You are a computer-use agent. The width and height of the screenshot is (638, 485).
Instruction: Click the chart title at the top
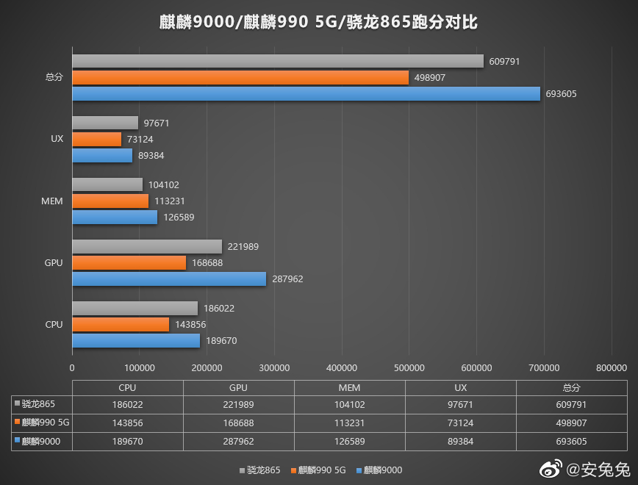pyautogui.click(x=318, y=23)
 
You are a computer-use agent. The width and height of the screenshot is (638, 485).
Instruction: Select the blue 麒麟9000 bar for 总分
pyautogui.click(x=306, y=93)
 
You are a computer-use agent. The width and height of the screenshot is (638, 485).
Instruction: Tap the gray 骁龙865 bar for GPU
pyautogui.click(x=147, y=247)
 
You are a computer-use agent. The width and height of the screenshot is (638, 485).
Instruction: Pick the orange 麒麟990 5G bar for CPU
pyautogui.click(x=121, y=324)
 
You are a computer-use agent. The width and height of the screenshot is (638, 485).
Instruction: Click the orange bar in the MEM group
pyautogui.click(x=110, y=201)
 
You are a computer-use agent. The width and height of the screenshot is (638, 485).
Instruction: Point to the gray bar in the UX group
pyautogui.click(x=105, y=123)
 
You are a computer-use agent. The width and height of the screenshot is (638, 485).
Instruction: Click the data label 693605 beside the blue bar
pyautogui.click(x=562, y=94)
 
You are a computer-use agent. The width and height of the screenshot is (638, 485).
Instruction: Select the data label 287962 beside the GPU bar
pyautogui.click(x=287, y=279)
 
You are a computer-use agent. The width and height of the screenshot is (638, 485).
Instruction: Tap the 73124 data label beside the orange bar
pyautogui.click(x=140, y=139)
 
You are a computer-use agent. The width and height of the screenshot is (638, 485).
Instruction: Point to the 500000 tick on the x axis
pyautogui.click(x=409, y=367)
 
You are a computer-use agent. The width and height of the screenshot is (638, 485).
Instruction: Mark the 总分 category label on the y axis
pyautogui.click(x=54, y=77)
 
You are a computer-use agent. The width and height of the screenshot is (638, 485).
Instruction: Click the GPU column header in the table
pyautogui.click(x=238, y=387)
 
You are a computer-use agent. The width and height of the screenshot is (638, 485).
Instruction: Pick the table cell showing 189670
pyautogui.click(x=127, y=440)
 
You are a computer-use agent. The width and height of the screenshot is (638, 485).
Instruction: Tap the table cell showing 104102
pyautogui.click(x=349, y=404)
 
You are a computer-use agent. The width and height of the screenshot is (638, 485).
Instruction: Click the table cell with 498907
pyautogui.click(x=571, y=422)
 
